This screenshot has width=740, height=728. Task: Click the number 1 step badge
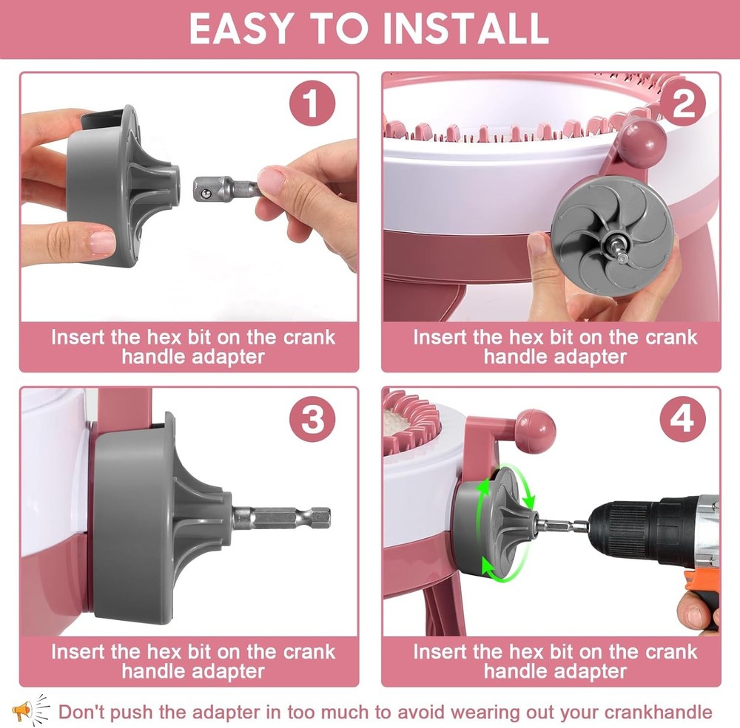tap(312, 103)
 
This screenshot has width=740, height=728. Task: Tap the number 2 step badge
tap(682, 103)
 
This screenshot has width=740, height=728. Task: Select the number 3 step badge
tap(312, 419)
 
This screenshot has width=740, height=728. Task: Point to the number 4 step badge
tap(682, 419)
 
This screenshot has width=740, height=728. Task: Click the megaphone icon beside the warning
tap(30, 710)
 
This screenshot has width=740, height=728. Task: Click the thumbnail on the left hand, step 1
tap(101, 242)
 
